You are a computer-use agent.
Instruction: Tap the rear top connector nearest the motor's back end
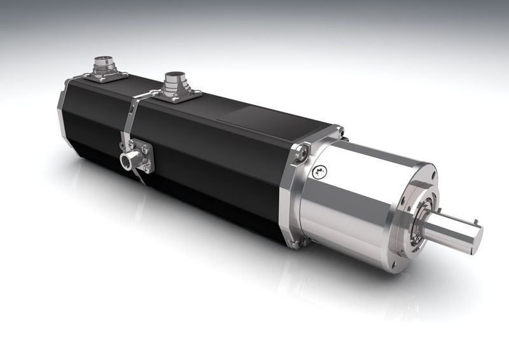tap(102, 66)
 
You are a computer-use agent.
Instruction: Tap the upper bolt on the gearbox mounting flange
tap(302, 152)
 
